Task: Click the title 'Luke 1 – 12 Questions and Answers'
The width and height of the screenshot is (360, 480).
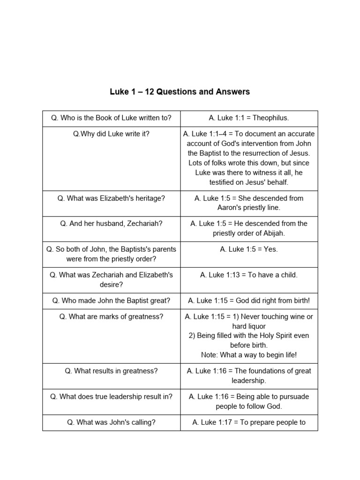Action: pos(180,92)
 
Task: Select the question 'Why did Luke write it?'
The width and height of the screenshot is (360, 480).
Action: pos(111,134)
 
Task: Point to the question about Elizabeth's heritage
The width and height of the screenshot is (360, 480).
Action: pos(111,198)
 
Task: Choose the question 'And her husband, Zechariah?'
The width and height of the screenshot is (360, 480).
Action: pos(111,224)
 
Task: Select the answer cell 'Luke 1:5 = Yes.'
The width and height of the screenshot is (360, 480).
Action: pos(249,249)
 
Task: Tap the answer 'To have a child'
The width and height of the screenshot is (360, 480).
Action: pos(272,275)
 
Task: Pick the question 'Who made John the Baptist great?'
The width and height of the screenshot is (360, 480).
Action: pos(111,300)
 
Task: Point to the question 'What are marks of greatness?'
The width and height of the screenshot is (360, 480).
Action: pos(111,317)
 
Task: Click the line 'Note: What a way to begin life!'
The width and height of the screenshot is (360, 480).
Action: pos(249,355)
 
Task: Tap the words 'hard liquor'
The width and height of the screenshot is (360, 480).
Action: pos(249,326)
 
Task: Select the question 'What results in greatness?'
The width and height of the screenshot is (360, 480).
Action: pos(111,371)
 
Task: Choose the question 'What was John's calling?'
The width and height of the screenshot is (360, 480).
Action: pos(111,422)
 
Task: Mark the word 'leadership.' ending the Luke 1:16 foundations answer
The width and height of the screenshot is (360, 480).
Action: pos(249,381)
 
